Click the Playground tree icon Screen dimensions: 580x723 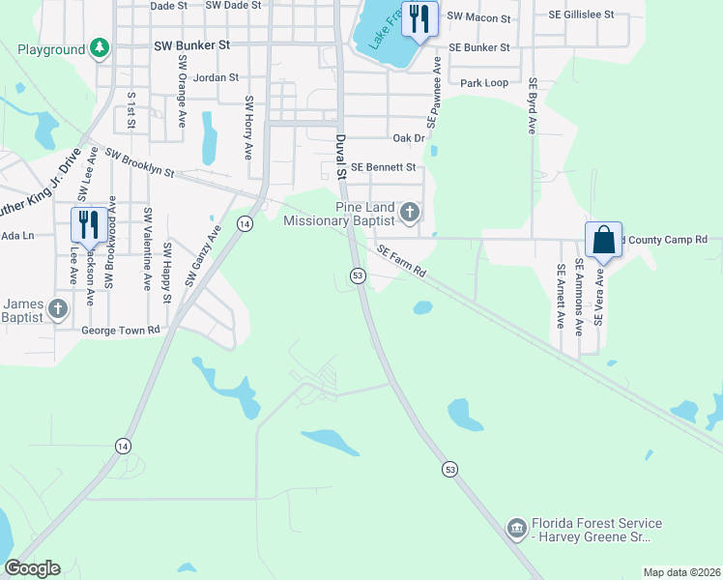(x=99, y=48)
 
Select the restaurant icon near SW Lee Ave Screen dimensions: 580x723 (x=88, y=225)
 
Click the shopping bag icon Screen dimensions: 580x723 (x=603, y=239)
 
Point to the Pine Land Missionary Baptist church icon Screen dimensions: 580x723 (x=410, y=212)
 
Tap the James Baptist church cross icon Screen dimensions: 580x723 (x=57, y=308)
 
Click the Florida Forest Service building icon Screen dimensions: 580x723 (x=517, y=528)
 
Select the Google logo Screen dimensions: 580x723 (x=32, y=568)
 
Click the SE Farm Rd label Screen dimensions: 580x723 (x=401, y=261)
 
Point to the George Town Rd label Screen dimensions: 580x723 (x=120, y=331)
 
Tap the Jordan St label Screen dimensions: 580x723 (x=216, y=77)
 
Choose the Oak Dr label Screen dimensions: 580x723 (x=409, y=138)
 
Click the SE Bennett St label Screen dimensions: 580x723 (x=383, y=167)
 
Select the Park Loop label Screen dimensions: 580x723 (x=484, y=83)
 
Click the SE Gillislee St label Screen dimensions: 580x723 (x=581, y=16)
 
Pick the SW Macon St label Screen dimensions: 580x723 (x=478, y=17)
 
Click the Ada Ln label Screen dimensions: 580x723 (x=17, y=235)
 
